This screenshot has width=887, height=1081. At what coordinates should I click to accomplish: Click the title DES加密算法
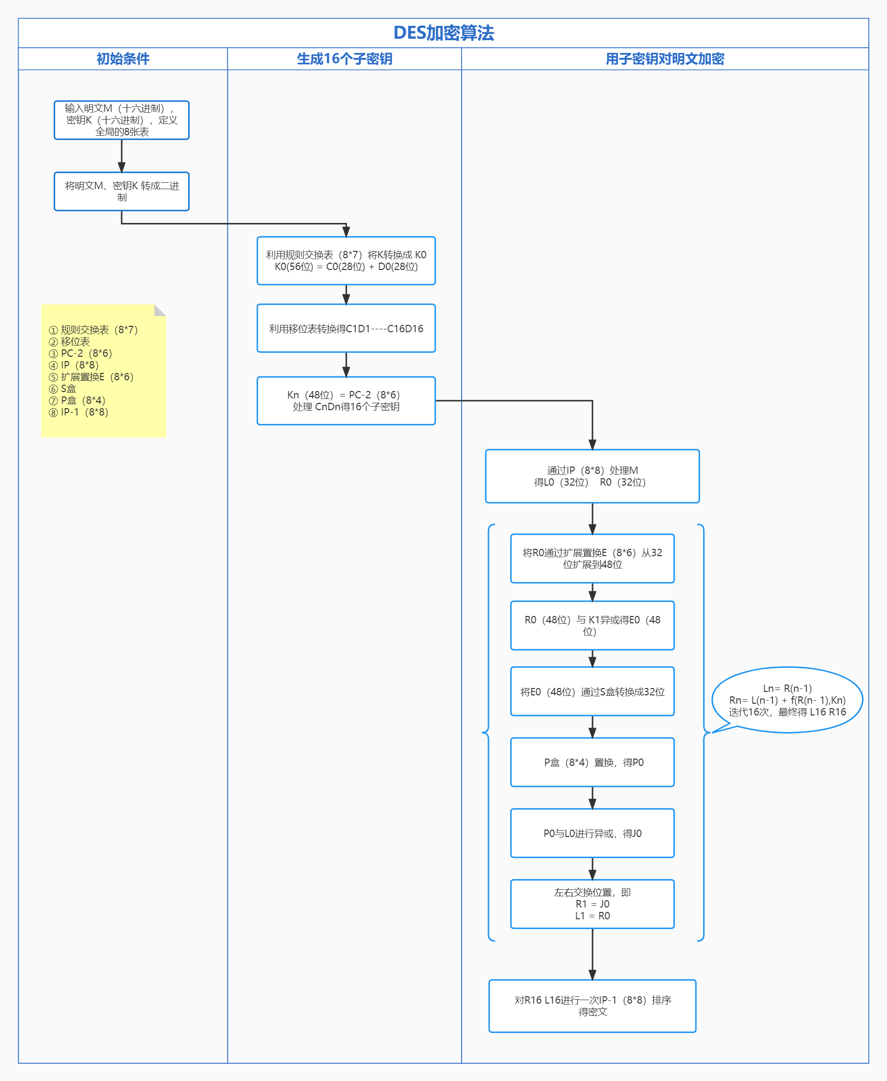click(x=443, y=33)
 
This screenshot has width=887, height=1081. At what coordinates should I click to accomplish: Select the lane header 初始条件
click(x=123, y=59)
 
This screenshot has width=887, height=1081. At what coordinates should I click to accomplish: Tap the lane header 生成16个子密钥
click(x=345, y=59)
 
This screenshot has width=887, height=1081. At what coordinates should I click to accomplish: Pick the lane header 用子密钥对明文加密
click(x=664, y=59)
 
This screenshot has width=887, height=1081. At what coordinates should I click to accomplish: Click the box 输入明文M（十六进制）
click(x=122, y=120)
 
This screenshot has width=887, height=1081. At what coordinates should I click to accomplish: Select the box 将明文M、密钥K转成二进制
click(x=122, y=192)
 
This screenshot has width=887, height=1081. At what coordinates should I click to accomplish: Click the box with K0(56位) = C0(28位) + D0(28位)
click(x=346, y=261)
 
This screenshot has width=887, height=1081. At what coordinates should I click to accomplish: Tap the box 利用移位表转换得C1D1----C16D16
click(x=346, y=328)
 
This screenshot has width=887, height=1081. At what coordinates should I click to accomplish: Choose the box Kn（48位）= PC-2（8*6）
click(x=346, y=400)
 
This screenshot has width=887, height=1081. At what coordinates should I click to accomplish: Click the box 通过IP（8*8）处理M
click(x=592, y=476)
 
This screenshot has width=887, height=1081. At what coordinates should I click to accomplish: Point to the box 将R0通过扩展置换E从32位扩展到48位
click(x=592, y=558)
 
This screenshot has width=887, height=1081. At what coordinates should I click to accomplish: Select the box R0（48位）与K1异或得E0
click(x=592, y=625)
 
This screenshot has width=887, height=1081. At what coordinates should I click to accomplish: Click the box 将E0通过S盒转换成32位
click(x=592, y=692)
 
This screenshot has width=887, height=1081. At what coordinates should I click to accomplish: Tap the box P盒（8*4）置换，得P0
click(x=592, y=762)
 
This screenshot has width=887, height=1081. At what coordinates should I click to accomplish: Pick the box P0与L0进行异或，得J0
click(x=592, y=833)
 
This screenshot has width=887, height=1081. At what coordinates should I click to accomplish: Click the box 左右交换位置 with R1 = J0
click(x=592, y=904)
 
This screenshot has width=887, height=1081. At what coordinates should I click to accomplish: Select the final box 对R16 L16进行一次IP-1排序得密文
click(x=592, y=1006)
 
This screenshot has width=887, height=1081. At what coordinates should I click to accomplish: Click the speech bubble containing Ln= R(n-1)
click(x=787, y=700)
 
